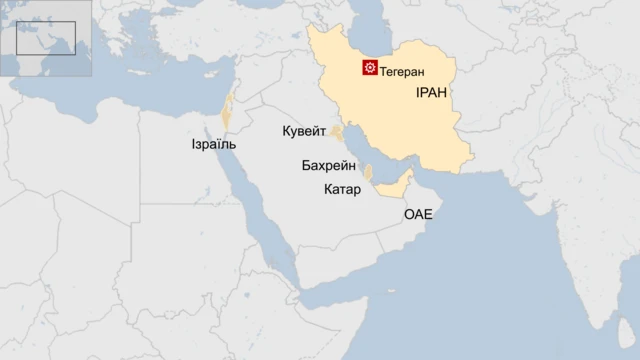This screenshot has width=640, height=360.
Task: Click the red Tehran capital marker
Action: [370, 68]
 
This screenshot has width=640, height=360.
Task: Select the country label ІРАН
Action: [430, 93]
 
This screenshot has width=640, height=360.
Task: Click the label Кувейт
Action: [304, 132]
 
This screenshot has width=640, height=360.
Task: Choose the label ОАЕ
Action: [418, 214]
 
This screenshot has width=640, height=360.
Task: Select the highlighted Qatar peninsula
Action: [369, 173]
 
